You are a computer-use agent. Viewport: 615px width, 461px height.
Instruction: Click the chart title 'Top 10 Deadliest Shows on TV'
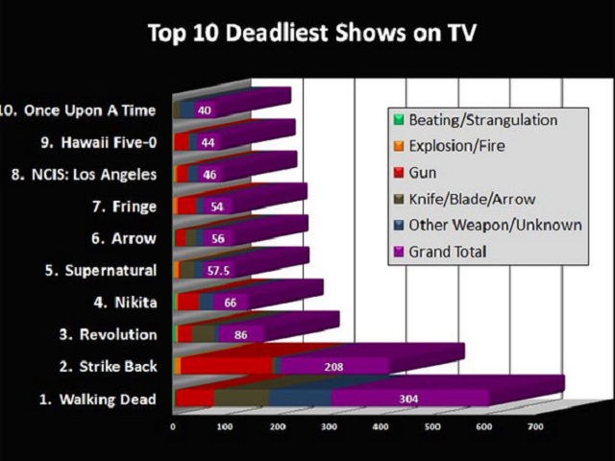tap(313, 35)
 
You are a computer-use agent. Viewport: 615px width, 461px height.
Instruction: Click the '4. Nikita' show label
tap(125, 303)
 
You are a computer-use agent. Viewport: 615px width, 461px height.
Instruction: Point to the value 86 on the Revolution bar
tap(240, 334)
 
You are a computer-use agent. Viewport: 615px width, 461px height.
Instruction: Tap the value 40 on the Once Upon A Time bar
tap(205, 110)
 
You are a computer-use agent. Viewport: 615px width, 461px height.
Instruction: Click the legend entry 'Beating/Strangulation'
tap(482, 120)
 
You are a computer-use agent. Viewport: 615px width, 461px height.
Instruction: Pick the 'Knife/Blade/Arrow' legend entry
tap(472, 200)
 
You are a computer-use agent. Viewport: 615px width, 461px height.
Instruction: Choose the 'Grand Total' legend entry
tap(447, 252)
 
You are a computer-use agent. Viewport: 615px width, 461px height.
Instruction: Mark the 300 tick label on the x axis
tap(330, 426)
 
